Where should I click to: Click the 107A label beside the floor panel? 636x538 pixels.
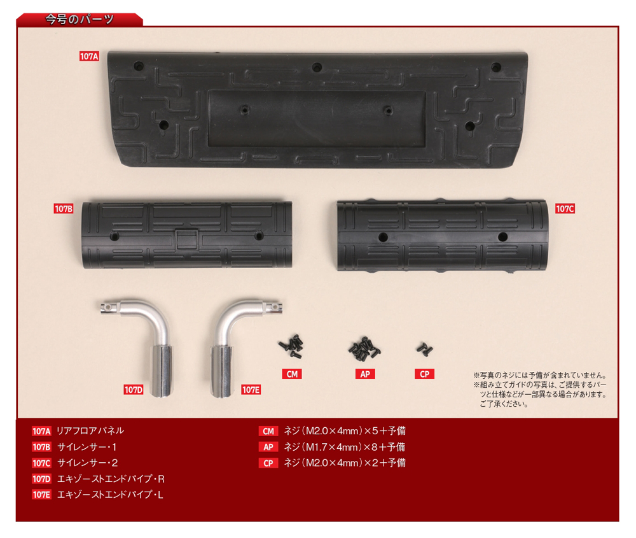coord(89,57)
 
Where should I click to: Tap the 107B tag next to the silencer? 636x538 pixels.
coord(64,209)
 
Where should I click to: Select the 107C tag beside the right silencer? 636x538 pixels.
coord(565,209)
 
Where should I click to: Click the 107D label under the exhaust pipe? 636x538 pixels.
coord(134,390)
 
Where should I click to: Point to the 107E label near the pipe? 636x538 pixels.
coord(251,390)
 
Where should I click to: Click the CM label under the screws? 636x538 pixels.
coord(292,374)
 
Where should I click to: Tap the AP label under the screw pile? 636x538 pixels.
coord(365,374)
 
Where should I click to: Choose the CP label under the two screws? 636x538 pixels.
coord(425,374)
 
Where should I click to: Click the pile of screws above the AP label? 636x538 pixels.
coord(364,348)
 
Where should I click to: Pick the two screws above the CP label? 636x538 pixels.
coord(425,349)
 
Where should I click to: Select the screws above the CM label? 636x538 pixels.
coord(291,346)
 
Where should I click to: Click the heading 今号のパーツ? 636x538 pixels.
coord(79,19)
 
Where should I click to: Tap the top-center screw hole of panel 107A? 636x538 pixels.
coord(317,67)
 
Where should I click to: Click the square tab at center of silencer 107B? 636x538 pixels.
coord(187,239)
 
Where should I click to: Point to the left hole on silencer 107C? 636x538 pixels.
coord(383,237)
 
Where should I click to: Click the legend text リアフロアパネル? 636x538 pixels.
coord(90,430)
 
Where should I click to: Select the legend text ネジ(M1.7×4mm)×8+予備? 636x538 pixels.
coord(344,447)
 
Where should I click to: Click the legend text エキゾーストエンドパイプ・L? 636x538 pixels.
coord(110,495)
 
